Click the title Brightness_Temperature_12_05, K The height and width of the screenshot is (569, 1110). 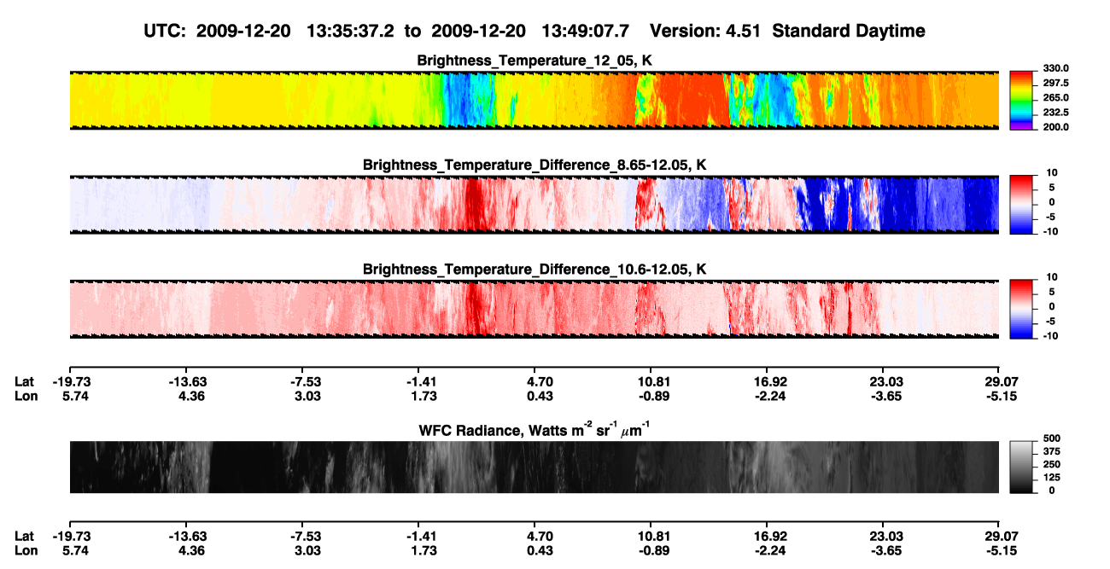click(535, 61)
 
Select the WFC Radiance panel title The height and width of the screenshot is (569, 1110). click(535, 430)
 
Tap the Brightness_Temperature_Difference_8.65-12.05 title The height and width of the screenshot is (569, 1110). click(535, 165)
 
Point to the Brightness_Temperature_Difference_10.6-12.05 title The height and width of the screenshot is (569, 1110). click(535, 270)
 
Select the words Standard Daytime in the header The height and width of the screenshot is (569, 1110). click(849, 31)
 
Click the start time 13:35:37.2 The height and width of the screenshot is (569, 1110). click(350, 31)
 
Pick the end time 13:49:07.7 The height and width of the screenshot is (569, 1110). click(585, 31)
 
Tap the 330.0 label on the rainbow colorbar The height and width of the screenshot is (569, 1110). click(1055, 68)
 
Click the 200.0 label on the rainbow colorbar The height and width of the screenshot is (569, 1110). click(1055, 127)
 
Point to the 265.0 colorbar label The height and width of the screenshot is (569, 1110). click(1055, 97)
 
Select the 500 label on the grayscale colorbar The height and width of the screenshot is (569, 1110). click(1052, 438)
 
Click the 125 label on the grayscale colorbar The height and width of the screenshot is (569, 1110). click(1052, 478)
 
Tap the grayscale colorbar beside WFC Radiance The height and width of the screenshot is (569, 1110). click(1021, 467)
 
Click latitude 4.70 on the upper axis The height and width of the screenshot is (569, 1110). click(540, 382)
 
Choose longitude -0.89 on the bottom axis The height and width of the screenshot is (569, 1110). click(654, 550)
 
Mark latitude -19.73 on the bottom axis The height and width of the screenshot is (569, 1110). click(72, 536)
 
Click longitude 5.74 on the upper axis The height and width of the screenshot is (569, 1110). click(75, 396)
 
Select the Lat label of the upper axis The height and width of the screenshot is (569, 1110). click(24, 382)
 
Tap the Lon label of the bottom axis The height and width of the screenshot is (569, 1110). click(26, 550)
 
